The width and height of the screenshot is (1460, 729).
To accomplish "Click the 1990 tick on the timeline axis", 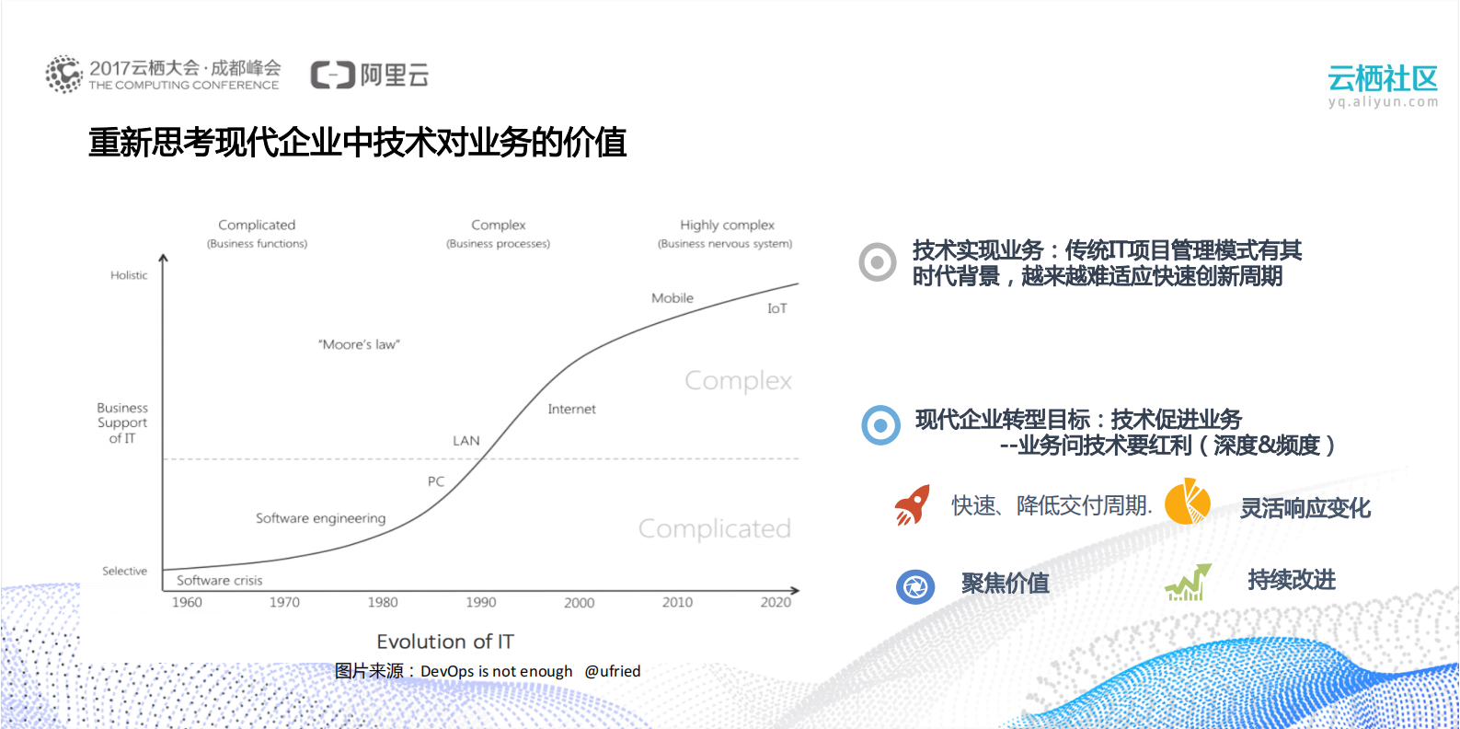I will (x=480, y=602).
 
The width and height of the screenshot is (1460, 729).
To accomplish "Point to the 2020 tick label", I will (x=776, y=602).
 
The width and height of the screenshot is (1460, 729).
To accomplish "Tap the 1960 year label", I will (x=187, y=602).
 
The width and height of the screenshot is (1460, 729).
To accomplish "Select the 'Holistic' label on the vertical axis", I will (x=129, y=275).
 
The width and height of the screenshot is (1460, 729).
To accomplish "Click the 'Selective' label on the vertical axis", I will (x=124, y=571).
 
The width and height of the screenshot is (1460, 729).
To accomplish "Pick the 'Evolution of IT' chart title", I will (x=445, y=642).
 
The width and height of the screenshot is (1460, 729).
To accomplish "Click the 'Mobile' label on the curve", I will (x=673, y=298).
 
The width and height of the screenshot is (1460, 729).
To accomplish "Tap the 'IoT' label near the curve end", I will (x=777, y=308).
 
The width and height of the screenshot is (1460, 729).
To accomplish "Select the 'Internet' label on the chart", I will (x=571, y=409).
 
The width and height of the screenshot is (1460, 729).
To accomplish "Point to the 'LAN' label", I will (x=466, y=441).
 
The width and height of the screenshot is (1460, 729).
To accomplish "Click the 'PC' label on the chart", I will (x=436, y=481).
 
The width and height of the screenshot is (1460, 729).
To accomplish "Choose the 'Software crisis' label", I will (x=220, y=581).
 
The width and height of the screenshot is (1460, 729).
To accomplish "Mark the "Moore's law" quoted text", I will (x=359, y=344).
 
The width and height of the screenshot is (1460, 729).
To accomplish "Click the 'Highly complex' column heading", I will (x=727, y=225).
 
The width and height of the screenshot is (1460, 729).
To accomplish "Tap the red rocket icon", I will (x=912, y=505).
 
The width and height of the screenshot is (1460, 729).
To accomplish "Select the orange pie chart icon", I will (x=1187, y=502).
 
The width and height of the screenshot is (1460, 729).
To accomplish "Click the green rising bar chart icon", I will (x=1188, y=583).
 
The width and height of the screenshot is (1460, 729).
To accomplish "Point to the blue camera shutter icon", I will (x=915, y=586).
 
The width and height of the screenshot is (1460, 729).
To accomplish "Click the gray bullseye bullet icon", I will (x=878, y=262).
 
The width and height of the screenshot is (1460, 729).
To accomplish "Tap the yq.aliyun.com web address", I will (x=1383, y=102).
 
